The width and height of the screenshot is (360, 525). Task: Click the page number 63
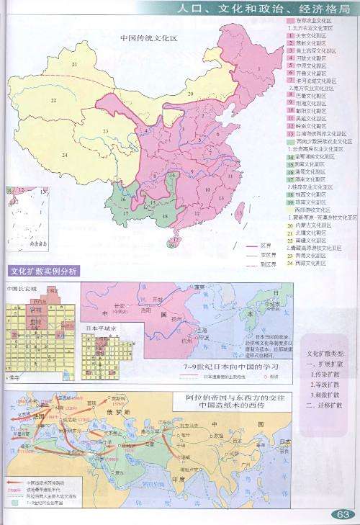pyautogui.click(x=341, y=514)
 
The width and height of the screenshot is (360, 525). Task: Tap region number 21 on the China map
pyautogui.click(x=74, y=64)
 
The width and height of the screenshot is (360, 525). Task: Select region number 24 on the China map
pyautogui.click(x=64, y=155)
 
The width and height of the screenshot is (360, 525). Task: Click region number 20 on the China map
pyautogui.click(x=191, y=94)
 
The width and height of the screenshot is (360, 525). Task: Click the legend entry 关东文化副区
pyautogui.click(x=310, y=34)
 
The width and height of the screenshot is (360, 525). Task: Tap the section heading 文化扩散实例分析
pyautogui.click(x=42, y=271)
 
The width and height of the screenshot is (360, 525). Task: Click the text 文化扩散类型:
pyautogui.click(x=325, y=355)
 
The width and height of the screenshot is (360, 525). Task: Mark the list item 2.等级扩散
pyautogui.click(x=325, y=385)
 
